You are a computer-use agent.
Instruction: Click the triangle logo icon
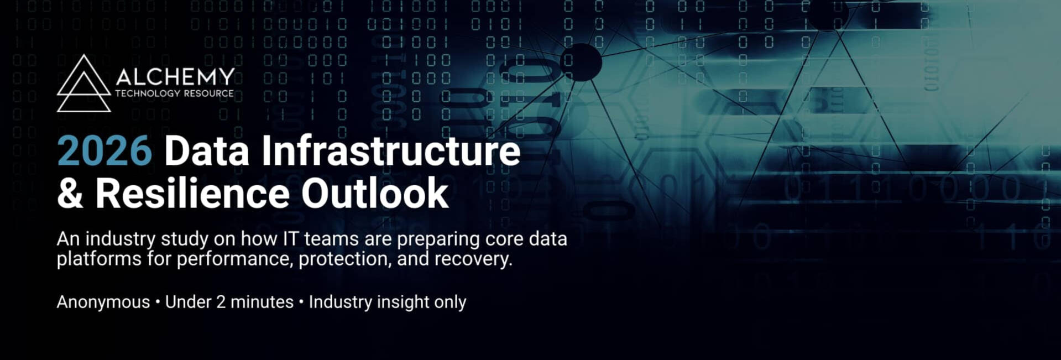coord(83,84)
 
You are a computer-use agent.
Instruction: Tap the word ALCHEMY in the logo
coord(175,77)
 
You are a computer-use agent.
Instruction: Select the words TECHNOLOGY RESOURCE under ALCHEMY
coord(174,93)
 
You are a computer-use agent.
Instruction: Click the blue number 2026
coord(104,151)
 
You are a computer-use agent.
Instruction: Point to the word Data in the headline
coord(207,151)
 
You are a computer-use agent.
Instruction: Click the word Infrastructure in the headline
coord(391,151)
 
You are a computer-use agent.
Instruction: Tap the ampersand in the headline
coord(70,194)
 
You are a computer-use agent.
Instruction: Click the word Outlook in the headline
coord(374,194)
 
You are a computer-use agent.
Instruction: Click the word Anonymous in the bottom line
coord(103,302)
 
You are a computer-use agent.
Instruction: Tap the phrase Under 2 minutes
coord(229,302)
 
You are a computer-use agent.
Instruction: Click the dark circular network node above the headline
coord(581,61)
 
